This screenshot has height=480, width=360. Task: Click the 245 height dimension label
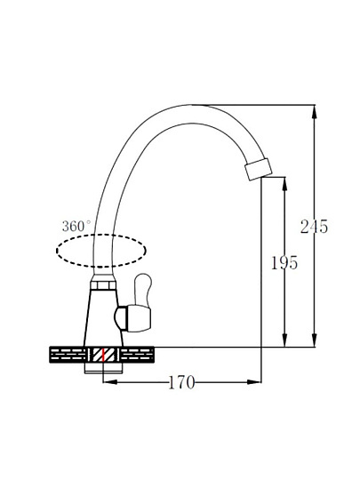[x=314, y=227]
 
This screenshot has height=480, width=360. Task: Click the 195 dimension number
[x=284, y=262]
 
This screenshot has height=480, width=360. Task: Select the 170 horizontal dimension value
[x=181, y=382]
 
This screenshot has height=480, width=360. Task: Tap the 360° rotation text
[x=76, y=227]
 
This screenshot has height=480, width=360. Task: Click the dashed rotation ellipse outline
[x=101, y=235]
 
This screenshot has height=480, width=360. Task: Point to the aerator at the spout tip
[x=259, y=169]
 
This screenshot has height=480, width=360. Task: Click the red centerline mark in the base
[x=104, y=355]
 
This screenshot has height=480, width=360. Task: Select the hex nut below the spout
[x=103, y=285]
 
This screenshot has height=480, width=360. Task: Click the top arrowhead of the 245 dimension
[x=315, y=112]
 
